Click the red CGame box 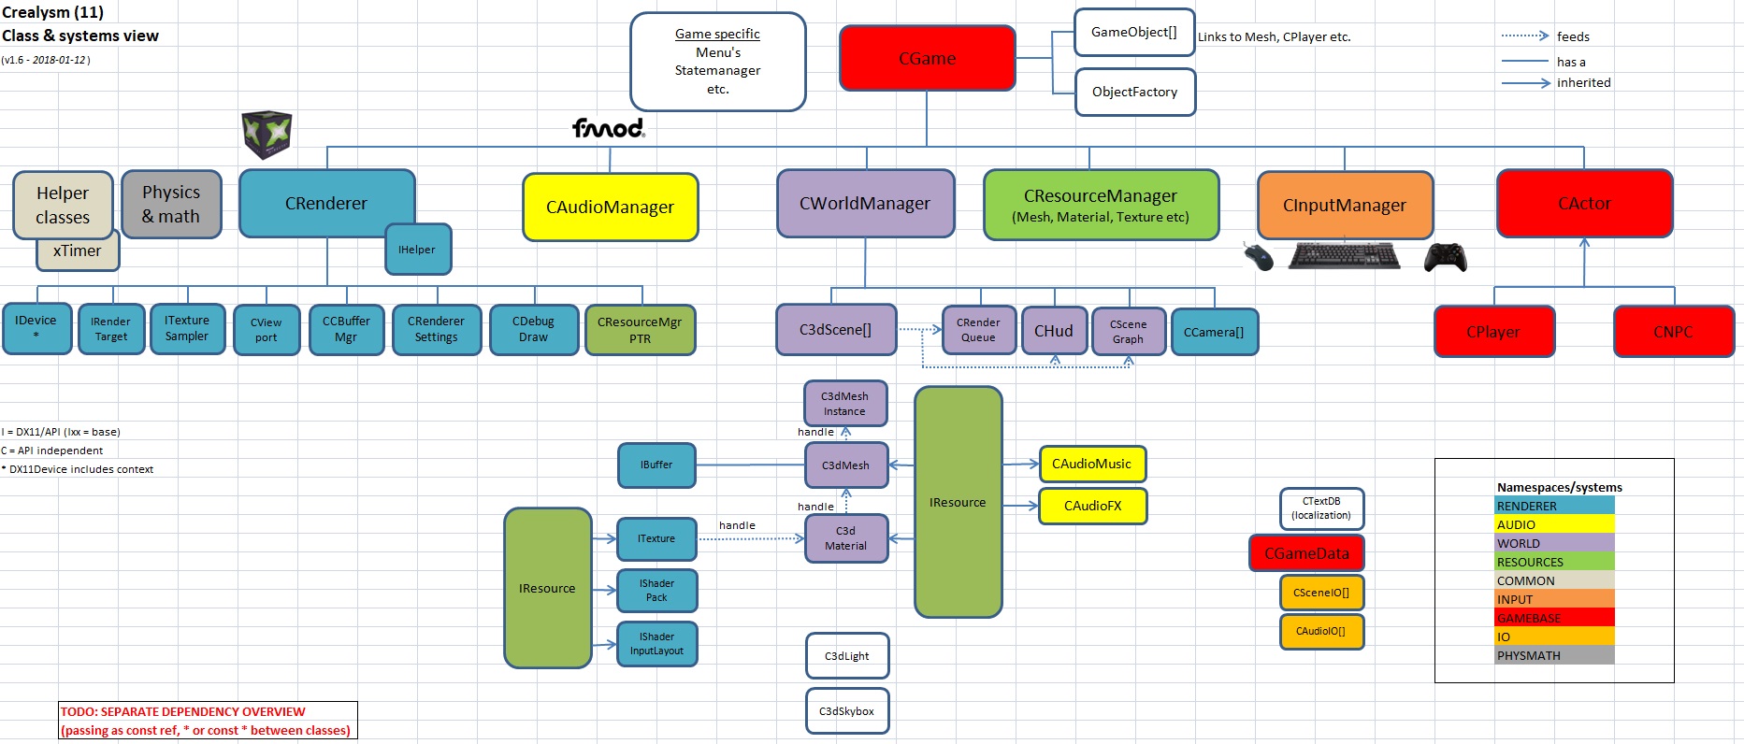click(927, 58)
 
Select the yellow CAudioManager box click(610, 207)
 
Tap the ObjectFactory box click(1134, 92)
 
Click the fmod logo click(609, 128)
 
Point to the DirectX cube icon click(267, 135)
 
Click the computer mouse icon click(1259, 256)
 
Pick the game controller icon click(1445, 257)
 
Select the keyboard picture click(1344, 255)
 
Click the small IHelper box click(417, 250)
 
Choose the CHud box click(1053, 331)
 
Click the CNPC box click(1672, 332)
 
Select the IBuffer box click(656, 465)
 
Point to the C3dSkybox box click(846, 711)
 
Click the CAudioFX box click(1092, 506)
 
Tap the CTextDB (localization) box click(1320, 508)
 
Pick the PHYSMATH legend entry click(1554, 655)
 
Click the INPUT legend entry click(1554, 599)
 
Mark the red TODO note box click(208, 721)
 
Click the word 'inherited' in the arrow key click(1583, 82)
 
